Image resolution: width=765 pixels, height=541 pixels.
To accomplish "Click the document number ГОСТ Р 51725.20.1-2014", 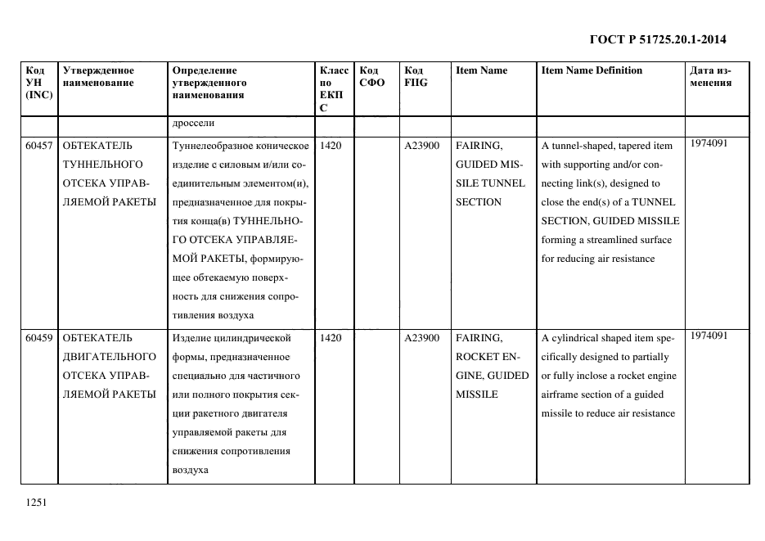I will (x=658, y=38).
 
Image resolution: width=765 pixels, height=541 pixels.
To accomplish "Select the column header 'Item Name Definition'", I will (x=592, y=70).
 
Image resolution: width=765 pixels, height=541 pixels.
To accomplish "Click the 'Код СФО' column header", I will (x=371, y=76).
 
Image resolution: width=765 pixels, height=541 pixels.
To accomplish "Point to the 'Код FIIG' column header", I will (x=416, y=76).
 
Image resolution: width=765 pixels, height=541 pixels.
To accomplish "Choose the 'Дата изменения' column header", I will (x=711, y=76).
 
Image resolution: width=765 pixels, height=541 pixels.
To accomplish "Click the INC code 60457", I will (x=39, y=146).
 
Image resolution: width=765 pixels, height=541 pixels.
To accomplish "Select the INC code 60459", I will (x=39, y=337).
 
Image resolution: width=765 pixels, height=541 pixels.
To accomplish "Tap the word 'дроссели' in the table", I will (x=193, y=124).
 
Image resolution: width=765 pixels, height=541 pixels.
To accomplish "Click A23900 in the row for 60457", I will (x=421, y=146).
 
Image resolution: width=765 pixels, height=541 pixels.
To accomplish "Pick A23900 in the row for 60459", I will (x=421, y=337).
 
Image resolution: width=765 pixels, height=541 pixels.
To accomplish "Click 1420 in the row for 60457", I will (x=332, y=146).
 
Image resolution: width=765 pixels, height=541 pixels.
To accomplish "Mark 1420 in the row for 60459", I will (x=332, y=337).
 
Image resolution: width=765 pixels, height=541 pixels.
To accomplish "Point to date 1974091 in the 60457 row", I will (x=709, y=143).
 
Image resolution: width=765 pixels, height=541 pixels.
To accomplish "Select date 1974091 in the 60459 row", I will (x=709, y=335).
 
